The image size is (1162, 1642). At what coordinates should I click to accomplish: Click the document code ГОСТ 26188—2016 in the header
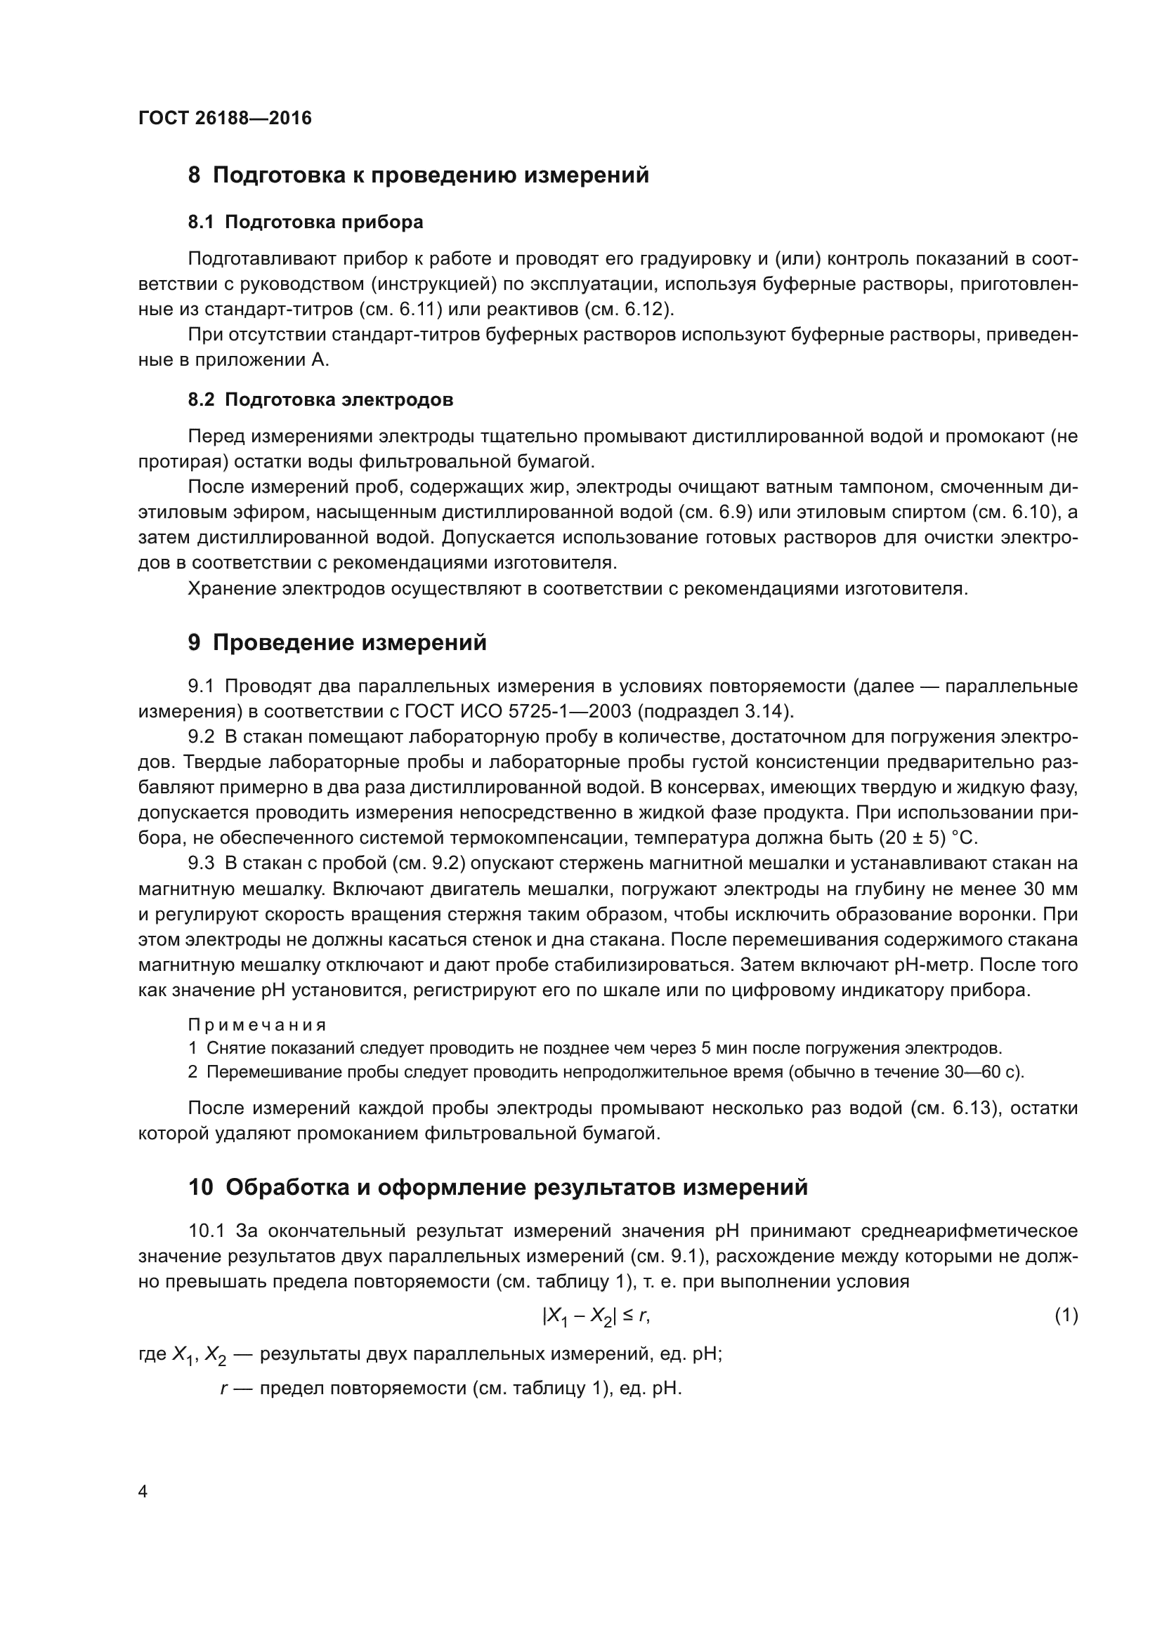[225, 118]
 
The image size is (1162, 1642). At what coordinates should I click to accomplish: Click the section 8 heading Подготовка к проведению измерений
[419, 175]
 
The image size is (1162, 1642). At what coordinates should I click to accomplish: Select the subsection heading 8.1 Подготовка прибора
[306, 222]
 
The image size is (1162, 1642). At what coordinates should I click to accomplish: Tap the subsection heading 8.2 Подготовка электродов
[320, 399]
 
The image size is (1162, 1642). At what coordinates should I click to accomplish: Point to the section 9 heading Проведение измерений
[337, 642]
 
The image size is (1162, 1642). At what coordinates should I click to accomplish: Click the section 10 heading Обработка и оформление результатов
[498, 1187]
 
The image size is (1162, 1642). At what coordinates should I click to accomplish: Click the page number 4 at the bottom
[143, 1491]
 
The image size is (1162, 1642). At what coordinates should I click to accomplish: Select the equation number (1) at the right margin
[1066, 1315]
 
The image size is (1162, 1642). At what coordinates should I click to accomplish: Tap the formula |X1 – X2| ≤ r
[596, 1316]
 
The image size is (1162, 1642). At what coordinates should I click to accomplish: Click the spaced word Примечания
[257, 1025]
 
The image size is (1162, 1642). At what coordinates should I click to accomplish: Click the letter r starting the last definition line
[224, 1389]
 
